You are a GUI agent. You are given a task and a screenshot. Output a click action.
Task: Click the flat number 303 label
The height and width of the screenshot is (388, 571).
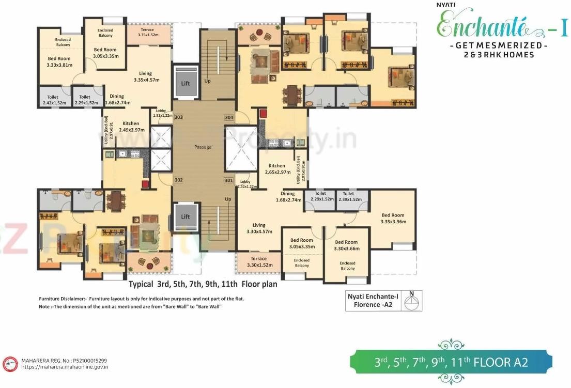click(x=178, y=117)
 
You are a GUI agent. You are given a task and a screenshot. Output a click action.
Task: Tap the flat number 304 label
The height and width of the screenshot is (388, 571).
click(x=229, y=117)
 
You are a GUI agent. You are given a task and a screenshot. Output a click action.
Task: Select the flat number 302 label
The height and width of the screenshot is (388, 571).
click(x=178, y=180)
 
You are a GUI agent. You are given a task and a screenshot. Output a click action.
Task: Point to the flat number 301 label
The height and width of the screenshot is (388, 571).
click(x=228, y=180)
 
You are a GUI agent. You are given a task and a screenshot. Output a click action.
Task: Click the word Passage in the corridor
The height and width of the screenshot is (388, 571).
click(x=203, y=147)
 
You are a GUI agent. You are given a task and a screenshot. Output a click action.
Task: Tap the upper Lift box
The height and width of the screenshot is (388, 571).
click(x=186, y=83)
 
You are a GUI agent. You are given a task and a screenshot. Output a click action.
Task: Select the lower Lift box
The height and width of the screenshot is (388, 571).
click(x=186, y=217)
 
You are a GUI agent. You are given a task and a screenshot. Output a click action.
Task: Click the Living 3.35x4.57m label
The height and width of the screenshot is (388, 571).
click(x=146, y=76)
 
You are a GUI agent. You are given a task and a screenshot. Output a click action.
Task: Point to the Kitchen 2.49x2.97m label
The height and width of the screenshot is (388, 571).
click(x=131, y=127)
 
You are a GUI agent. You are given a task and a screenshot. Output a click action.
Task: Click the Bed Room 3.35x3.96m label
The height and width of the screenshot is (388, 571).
click(x=393, y=219)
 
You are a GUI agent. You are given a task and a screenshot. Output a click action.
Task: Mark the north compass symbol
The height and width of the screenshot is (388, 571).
click(x=412, y=302)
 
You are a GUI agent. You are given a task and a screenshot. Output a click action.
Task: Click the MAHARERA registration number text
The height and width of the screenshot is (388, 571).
click(x=64, y=360)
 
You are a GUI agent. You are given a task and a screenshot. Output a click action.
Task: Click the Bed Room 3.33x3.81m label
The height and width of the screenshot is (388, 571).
click(x=59, y=62)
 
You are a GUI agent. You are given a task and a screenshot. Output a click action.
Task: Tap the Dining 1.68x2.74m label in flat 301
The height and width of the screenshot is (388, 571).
click(x=288, y=197)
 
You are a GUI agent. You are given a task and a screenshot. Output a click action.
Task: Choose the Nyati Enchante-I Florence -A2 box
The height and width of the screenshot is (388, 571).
click(x=384, y=301)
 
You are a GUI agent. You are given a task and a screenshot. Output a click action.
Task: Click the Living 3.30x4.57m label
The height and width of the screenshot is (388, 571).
click(x=259, y=228)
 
